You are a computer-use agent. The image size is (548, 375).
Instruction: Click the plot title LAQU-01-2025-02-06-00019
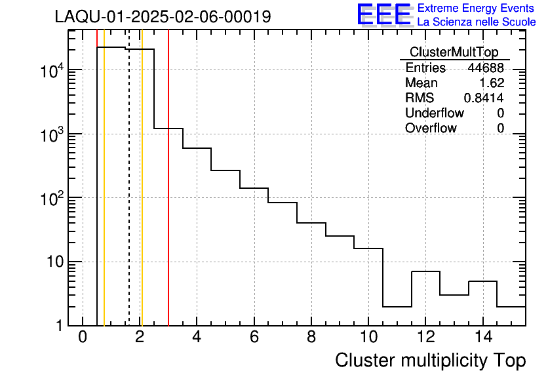coord(163,16)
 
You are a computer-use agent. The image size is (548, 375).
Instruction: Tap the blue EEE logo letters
coord(383,14)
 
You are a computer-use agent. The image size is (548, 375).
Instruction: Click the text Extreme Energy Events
coord(476,8)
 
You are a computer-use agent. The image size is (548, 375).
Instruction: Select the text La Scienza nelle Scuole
coord(477,22)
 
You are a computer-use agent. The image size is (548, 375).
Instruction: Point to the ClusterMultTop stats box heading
coord(454,52)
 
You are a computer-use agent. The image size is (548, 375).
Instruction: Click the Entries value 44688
coord(486,68)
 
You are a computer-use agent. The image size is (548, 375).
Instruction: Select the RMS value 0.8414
coord(484,98)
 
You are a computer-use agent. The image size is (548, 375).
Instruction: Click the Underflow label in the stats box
coord(435,113)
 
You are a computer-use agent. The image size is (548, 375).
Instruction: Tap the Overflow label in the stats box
coord(431,128)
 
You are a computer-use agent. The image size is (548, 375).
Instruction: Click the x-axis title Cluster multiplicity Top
coord(431,361)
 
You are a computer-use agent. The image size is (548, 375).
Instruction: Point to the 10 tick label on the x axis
coord(368,337)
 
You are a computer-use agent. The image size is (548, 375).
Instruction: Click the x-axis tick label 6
coord(254,337)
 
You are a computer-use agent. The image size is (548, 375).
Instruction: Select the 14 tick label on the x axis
coord(482,337)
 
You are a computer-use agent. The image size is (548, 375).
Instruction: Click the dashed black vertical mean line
coord(129,178)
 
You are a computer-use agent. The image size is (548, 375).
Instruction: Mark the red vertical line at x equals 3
coord(168,178)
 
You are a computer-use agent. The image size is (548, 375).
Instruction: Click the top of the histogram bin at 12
coord(425,271)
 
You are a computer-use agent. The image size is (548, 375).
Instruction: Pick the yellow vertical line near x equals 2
coord(142,178)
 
